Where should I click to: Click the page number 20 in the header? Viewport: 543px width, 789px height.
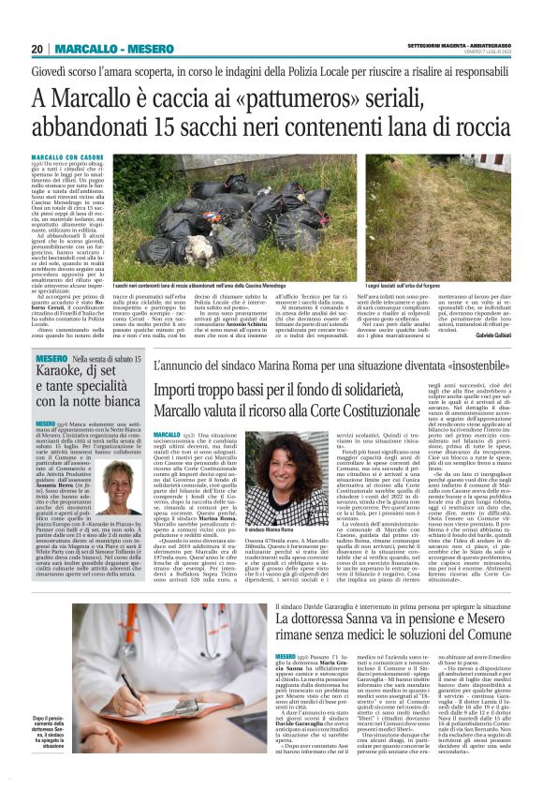[x=37, y=49]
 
